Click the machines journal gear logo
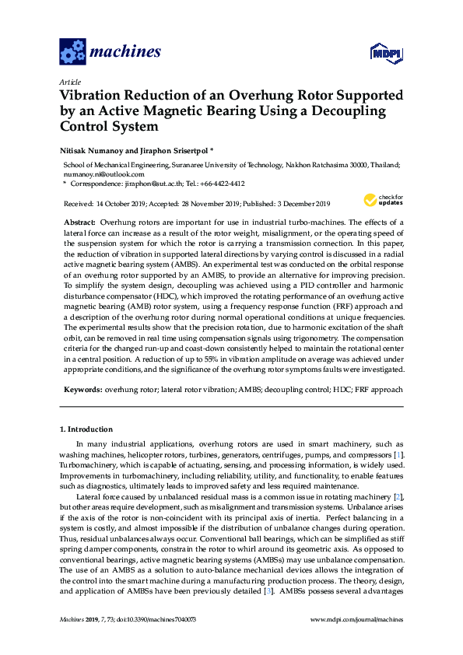(x=72, y=53)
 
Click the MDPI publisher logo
(x=379, y=54)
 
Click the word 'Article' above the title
(x=70, y=82)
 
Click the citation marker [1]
(x=398, y=454)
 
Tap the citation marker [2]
(x=398, y=496)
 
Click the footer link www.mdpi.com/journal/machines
(x=356, y=619)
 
